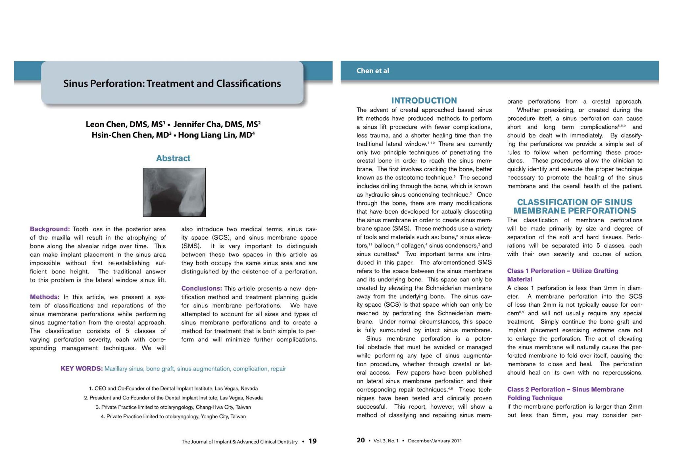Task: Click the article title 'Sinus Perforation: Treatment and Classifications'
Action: [172, 83]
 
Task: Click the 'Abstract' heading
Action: [173, 158]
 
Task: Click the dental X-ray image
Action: [174, 192]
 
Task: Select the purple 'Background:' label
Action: [50, 229]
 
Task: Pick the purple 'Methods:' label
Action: [45, 297]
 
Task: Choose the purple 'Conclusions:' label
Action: [202, 289]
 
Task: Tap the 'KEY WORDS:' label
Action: [81, 369]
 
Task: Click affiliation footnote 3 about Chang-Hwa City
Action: [173, 407]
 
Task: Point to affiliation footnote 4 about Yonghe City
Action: [173, 416]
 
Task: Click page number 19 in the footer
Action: [313, 441]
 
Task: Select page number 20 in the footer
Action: [360, 440]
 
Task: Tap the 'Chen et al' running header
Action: [373, 71]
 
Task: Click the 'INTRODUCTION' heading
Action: [424, 101]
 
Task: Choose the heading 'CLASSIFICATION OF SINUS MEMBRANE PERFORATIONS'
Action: [574, 206]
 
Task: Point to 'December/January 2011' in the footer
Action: [434, 441]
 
